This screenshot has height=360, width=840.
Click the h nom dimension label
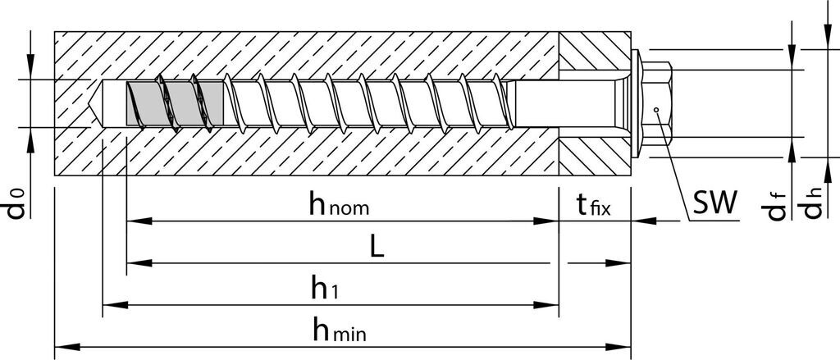[x=339, y=205]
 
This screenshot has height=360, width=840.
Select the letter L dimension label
[x=377, y=248]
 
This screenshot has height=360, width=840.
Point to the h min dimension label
[x=338, y=330]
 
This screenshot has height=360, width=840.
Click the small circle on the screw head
[x=656, y=109]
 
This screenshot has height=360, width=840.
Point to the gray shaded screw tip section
[x=173, y=104]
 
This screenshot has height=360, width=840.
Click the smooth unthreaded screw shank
[x=566, y=104]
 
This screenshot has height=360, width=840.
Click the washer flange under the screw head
[x=638, y=103]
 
